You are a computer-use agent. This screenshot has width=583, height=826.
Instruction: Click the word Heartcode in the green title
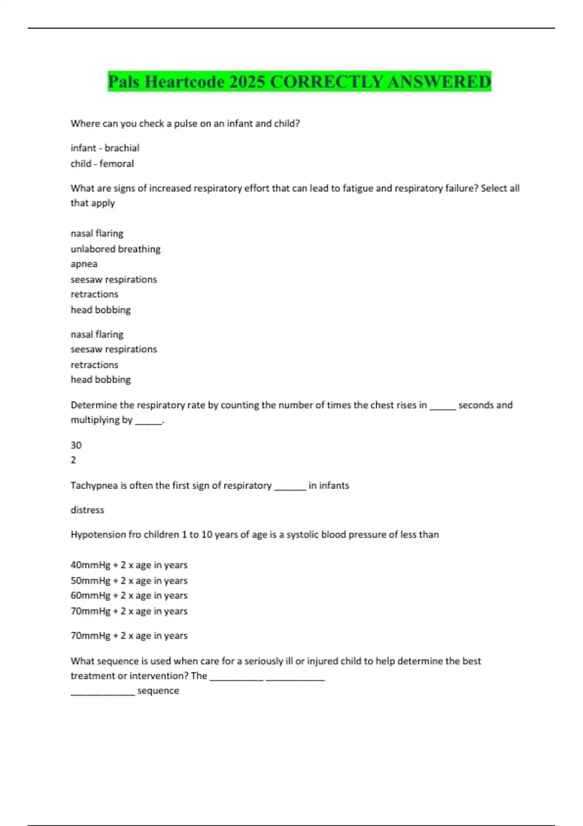184,82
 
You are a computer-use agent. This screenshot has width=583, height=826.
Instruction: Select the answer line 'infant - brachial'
105,148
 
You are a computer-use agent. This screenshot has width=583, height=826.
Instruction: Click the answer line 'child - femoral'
102,164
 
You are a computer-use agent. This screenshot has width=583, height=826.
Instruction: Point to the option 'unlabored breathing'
116,249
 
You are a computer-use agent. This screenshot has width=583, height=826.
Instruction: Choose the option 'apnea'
84,264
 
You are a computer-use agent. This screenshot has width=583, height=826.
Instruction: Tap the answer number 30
76,445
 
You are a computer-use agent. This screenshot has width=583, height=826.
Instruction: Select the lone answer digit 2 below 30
73,460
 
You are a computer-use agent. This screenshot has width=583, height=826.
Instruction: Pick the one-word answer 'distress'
87,510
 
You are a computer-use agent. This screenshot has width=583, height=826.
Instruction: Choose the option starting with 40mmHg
129,565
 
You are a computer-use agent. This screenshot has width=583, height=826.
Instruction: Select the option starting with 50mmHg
129,581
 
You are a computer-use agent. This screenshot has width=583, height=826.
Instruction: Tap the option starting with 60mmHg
129,596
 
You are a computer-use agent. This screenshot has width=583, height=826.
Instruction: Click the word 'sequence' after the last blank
158,691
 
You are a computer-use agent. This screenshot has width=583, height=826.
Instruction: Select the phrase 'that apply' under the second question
93,203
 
